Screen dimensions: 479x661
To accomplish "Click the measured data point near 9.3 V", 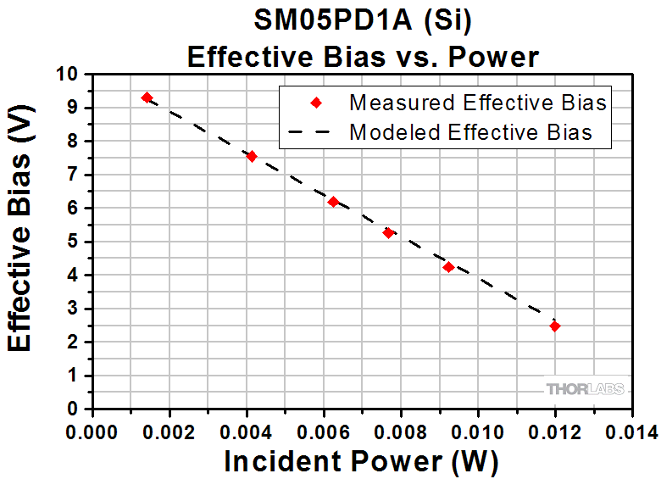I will coord(147,98).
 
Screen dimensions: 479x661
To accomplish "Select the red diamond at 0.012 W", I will coord(555,326).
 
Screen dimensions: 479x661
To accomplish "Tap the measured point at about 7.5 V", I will coord(251,156).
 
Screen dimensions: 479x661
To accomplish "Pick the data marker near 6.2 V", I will coord(333,202).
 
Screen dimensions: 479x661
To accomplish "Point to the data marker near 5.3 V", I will coord(388,232).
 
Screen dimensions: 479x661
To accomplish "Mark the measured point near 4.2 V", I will coord(448,267).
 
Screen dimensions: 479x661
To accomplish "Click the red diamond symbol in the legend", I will coord(315,103).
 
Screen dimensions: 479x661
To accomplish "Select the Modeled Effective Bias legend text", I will coord(470,132).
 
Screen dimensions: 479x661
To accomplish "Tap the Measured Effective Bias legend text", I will coord(478,103).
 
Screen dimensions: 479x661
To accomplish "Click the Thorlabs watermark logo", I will coord(585,389).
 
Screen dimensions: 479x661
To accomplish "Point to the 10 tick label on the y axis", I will coord(69,75).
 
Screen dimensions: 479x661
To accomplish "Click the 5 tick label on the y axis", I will coord(73,242).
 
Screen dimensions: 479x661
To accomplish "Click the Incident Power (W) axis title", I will coord(361,462).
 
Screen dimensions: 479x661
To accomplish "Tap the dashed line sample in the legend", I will coord(315,133).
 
